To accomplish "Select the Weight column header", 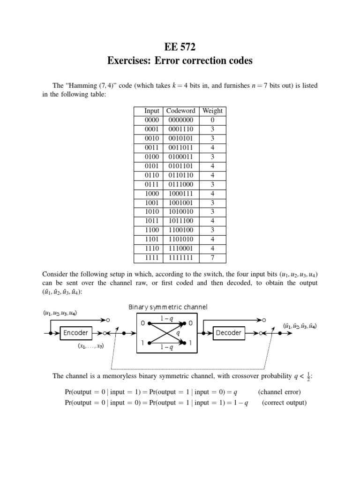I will (x=212, y=111).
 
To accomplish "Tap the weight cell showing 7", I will (x=212, y=258).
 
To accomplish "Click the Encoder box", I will (x=75, y=333).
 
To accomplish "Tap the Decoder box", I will (x=228, y=333).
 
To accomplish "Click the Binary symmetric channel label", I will (x=168, y=307).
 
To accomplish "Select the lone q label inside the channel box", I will (x=178, y=333).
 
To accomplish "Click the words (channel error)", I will (x=279, y=392).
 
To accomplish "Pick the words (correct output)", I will (x=284, y=402).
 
